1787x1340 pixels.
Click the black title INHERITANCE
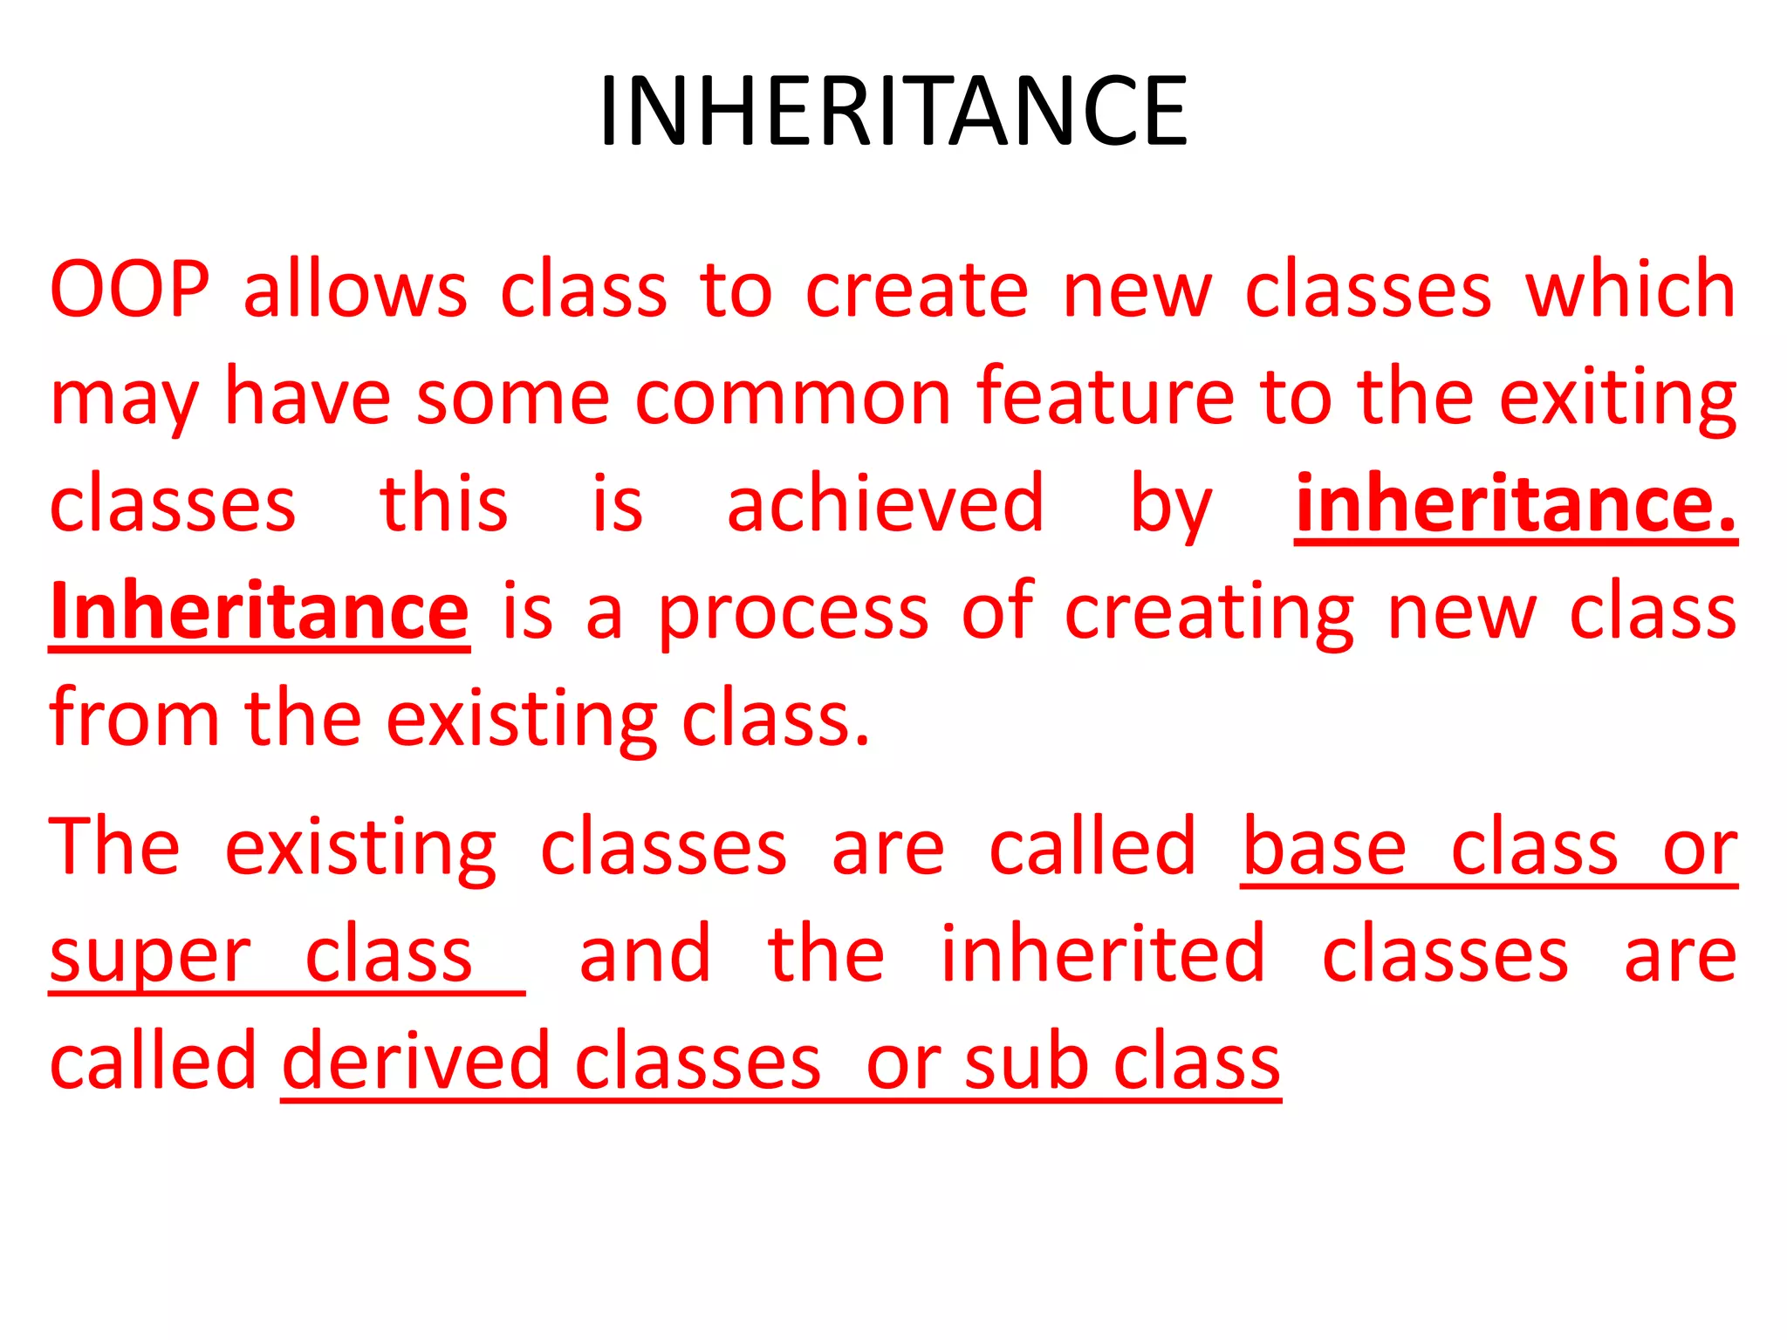(x=893, y=111)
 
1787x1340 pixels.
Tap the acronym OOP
(x=130, y=289)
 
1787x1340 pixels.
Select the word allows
(x=355, y=289)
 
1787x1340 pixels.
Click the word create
(x=916, y=291)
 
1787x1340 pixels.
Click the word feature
(x=1105, y=396)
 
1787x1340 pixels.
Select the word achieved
(x=885, y=503)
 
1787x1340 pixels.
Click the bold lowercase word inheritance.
(x=1516, y=503)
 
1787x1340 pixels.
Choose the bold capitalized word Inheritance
(x=260, y=611)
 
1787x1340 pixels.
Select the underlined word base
(x=1324, y=847)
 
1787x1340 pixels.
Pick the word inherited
(x=1103, y=954)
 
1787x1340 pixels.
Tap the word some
(x=513, y=398)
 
